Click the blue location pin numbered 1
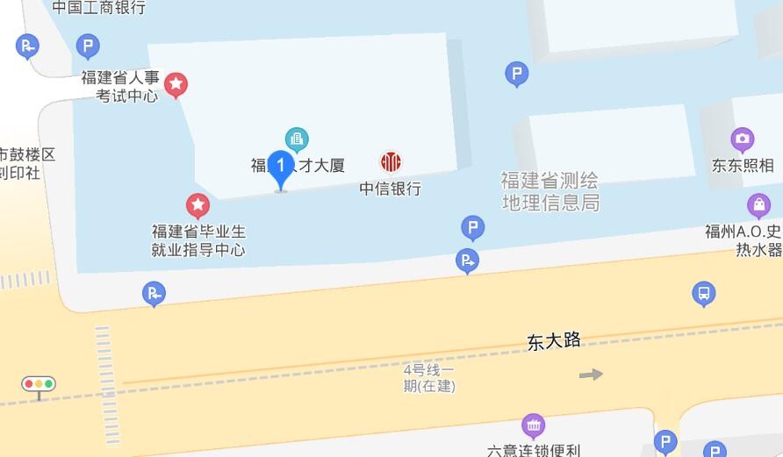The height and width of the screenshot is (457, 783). pos(280,168)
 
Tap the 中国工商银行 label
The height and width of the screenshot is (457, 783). pos(98,8)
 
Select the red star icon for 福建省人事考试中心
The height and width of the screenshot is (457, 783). pos(176,84)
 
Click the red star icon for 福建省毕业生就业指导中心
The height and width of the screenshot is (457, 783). pos(198,205)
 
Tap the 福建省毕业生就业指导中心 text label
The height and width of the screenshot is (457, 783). pos(198,240)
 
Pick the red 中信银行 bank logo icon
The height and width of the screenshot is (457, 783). pos(391,161)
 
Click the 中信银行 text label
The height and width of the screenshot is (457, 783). pos(391,189)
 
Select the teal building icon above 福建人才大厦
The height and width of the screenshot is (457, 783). pos(297,139)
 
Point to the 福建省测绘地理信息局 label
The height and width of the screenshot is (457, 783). pos(550,191)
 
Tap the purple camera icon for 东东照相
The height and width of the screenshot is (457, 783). pos(743,139)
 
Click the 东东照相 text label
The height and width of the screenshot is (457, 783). pos(743,165)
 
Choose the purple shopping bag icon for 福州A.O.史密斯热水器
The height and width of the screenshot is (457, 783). pos(758,205)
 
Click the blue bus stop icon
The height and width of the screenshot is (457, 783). pos(703,293)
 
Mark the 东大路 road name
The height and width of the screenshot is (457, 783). pos(554,340)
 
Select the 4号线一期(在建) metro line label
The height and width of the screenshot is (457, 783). pos(429,377)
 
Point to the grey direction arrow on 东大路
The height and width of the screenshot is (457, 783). pos(591,375)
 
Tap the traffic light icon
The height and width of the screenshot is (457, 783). pos(39,384)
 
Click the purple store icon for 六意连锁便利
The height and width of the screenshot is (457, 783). pos(533,425)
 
